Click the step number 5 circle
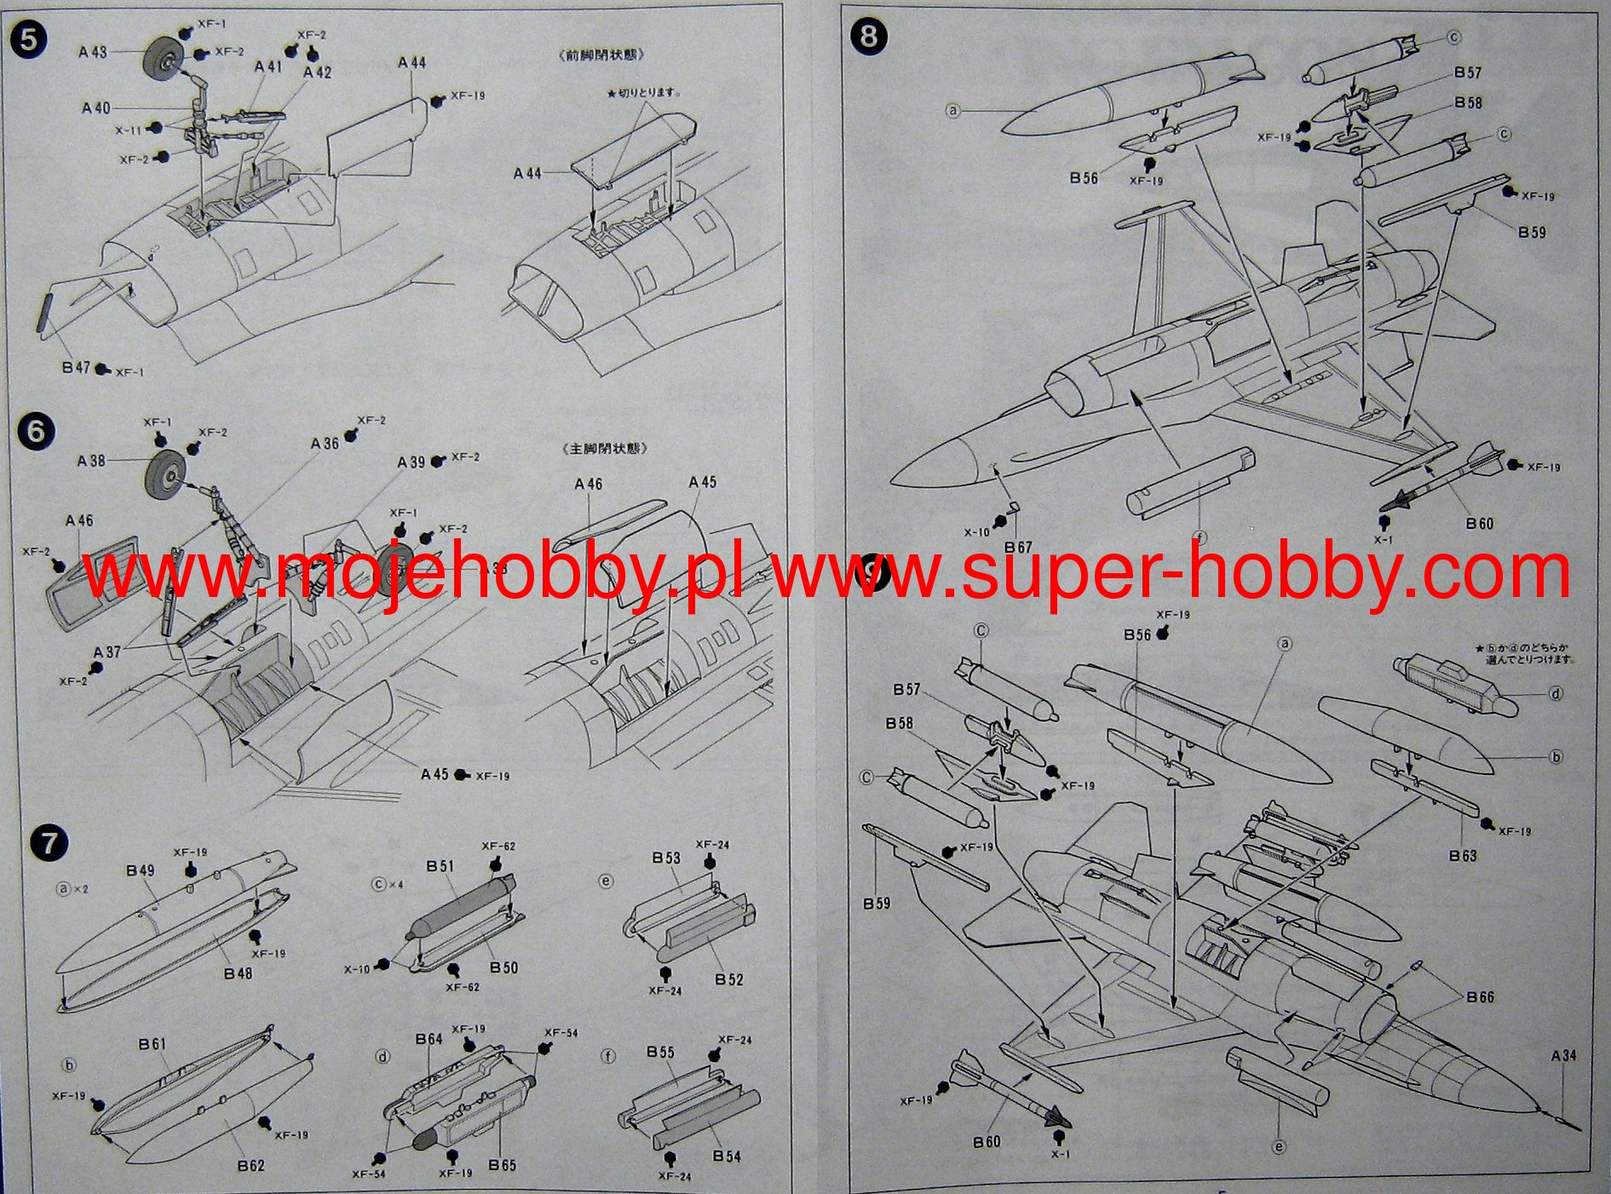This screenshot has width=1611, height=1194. (x=29, y=40)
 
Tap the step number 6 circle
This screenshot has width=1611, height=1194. (x=35, y=431)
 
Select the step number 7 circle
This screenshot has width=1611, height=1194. (x=48, y=843)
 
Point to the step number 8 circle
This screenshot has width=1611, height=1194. (x=868, y=37)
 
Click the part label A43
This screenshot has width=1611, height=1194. (x=93, y=52)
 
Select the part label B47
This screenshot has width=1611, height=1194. (x=76, y=368)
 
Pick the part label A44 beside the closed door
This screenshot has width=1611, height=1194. (x=528, y=174)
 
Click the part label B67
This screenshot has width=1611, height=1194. (x=1018, y=547)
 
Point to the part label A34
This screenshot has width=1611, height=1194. (x=1563, y=1056)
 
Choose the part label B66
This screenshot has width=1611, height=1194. (x=1480, y=997)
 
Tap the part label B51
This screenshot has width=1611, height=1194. (x=440, y=866)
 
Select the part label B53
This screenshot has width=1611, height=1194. (x=666, y=858)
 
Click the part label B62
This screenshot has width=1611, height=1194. (x=250, y=1165)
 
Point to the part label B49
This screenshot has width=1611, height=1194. (x=141, y=870)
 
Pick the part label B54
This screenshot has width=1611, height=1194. (x=727, y=1156)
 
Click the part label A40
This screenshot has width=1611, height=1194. (x=96, y=108)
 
